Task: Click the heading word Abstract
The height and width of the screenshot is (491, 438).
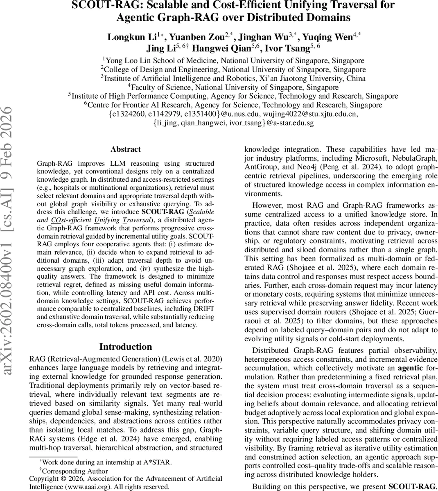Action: point(125,149)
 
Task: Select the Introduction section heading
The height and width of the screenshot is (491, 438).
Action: point(125,347)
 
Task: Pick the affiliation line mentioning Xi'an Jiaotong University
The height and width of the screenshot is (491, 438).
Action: point(233,78)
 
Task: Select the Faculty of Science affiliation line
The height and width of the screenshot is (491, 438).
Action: point(233,87)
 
